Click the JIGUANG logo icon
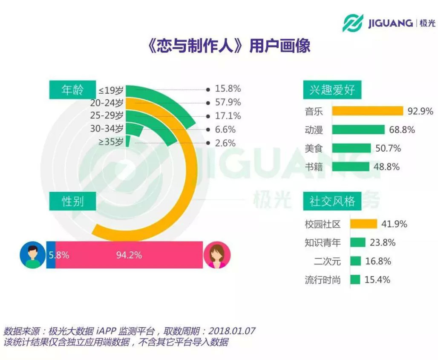pos(353,23)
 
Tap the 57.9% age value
pos(228,102)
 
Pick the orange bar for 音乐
pos(367,111)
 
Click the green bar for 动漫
pos(358,130)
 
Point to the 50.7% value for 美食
pos(388,149)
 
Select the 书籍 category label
pos(314,167)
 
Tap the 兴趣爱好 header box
pos(332,90)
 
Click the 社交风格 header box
pos(332,201)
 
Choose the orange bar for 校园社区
pos(363,224)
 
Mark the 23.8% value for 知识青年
pos(383,242)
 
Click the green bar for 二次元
pos(355,261)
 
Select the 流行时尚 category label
pos(323,280)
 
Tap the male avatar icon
pos(32,255)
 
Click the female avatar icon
pos(217,255)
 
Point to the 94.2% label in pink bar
pos(129,255)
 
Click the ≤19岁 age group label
pos(111,90)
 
